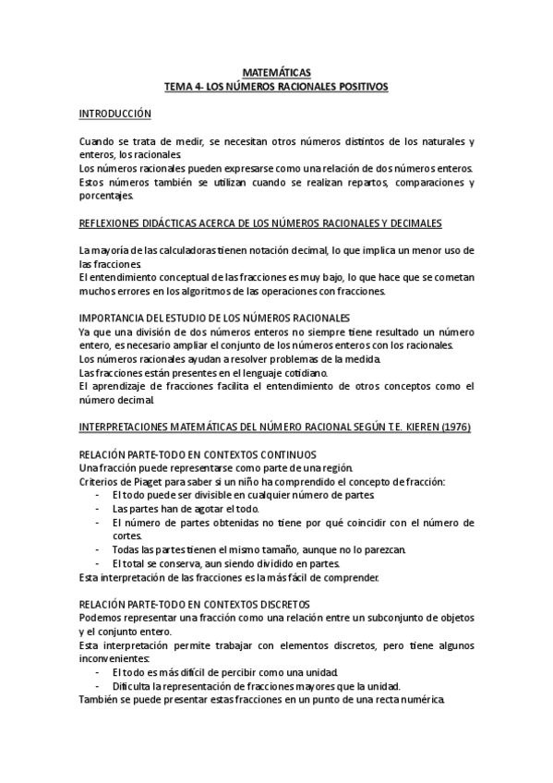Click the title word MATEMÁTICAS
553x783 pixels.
tap(276, 71)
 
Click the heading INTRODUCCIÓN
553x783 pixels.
tap(114, 113)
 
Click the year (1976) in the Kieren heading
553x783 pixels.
tap(451, 428)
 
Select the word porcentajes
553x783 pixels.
tap(105, 196)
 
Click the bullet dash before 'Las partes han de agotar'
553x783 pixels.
tap(98, 509)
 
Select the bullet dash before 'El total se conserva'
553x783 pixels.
tap(98, 564)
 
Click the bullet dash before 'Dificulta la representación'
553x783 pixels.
tap(98, 686)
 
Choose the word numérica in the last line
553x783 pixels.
tap(419, 700)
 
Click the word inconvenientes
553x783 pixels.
tap(113, 658)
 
